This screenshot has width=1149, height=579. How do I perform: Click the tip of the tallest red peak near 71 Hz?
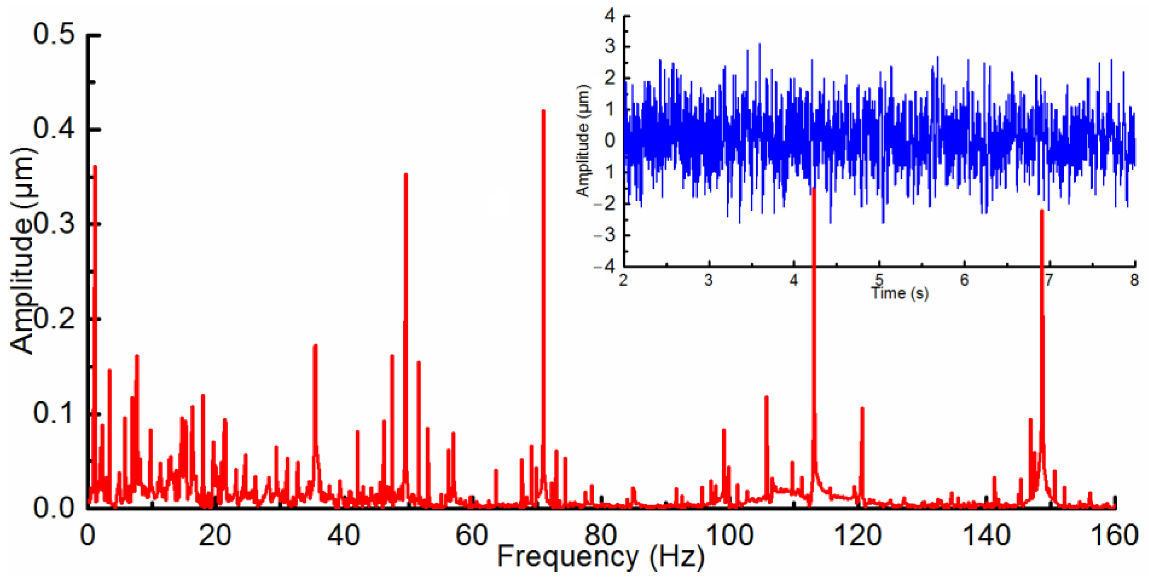[543, 111]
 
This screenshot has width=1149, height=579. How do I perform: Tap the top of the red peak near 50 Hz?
[405, 174]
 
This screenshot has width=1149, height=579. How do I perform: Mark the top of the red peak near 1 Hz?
[95, 166]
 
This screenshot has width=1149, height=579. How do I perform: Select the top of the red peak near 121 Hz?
[862, 408]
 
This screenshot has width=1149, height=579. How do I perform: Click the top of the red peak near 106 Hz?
[766, 397]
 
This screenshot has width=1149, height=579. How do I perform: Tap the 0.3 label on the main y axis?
[54, 224]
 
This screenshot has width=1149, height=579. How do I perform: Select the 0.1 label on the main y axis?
[54, 413]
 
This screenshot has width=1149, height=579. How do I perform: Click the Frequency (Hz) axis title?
[600, 557]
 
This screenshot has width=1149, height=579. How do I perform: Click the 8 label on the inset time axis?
[1134, 280]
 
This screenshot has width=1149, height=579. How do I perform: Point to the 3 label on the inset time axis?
[708, 280]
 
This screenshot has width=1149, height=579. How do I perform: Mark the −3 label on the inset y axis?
[604, 235]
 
